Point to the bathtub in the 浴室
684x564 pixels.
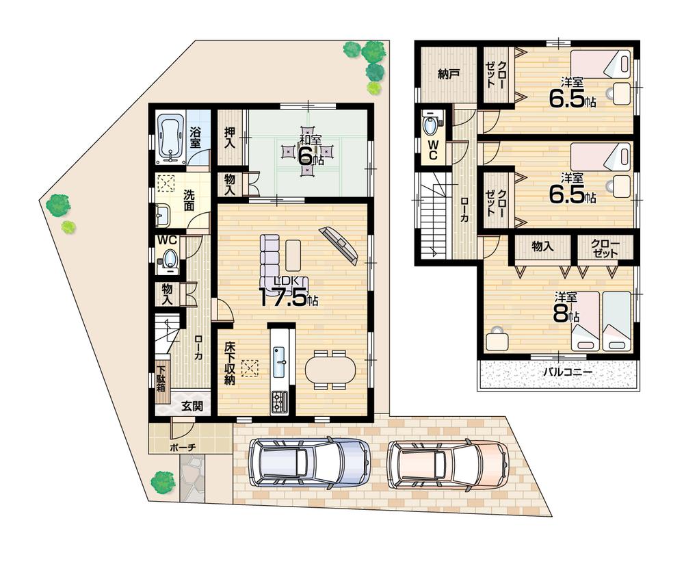tap(168, 137)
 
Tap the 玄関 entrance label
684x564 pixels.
tap(192, 405)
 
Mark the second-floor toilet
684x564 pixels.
tap(432, 125)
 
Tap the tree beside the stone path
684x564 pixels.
tap(162, 480)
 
